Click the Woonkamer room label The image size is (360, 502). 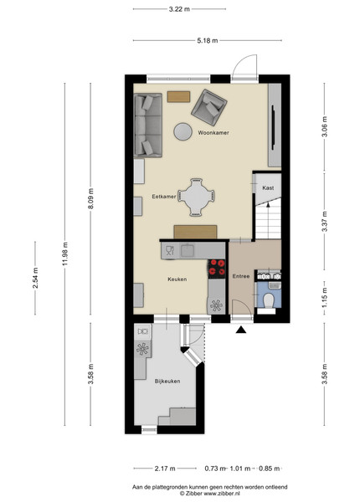(x=213, y=132)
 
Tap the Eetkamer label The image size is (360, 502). (x=163, y=197)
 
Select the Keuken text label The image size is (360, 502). (x=177, y=279)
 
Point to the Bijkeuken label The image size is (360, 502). (x=167, y=382)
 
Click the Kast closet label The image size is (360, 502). (x=268, y=188)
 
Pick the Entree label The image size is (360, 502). (x=241, y=276)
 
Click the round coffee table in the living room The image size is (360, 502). (x=183, y=131)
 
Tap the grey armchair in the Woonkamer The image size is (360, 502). (x=209, y=107)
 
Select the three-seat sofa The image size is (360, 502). (x=148, y=125)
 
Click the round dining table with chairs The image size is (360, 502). (x=196, y=197)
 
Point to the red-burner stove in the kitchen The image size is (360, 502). (x=217, y=269)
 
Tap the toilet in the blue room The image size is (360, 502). (x=268, y=301)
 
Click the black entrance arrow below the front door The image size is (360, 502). (x=241, y=330)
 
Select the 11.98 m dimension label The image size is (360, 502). (x=65, y=254)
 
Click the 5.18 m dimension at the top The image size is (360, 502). (x=208, y=41)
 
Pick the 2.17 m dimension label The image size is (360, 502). (x=165, y=469)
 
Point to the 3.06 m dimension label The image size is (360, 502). (x=325, y=126)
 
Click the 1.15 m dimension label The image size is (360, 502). (x=325, y=297)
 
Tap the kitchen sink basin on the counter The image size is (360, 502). (x=188, y=251)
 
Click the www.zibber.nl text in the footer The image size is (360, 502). (x=222, y=494)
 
